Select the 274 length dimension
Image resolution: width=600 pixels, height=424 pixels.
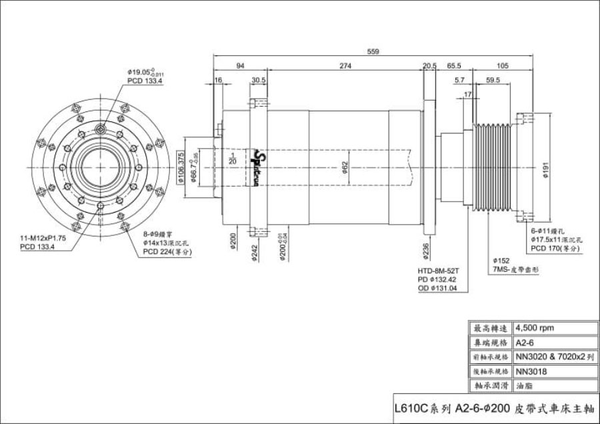tap(345, 66)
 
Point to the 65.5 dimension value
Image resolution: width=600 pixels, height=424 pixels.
tap(454, 66)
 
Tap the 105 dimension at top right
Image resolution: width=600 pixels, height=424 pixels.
tap(503, 66)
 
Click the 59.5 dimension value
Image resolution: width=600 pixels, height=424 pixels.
tap(493, 80)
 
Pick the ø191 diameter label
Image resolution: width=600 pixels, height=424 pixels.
tap(545, 172)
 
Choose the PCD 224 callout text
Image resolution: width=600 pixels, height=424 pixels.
tap(167, 252)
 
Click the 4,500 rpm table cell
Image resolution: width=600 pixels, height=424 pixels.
tap(535, 328)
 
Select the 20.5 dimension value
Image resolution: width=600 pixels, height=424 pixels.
tap(429, 66)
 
